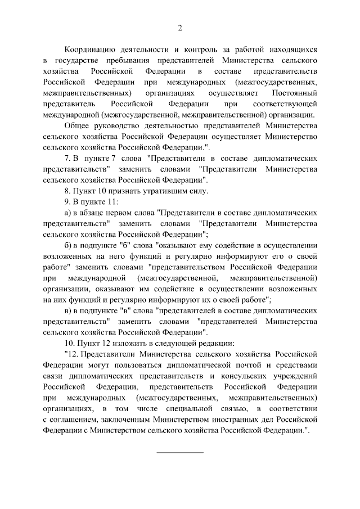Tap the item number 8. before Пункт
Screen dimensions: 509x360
[x=68, y=191]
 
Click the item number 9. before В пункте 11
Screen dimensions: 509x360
[x=68, y=201]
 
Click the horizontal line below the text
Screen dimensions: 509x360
[x=180, y=452]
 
